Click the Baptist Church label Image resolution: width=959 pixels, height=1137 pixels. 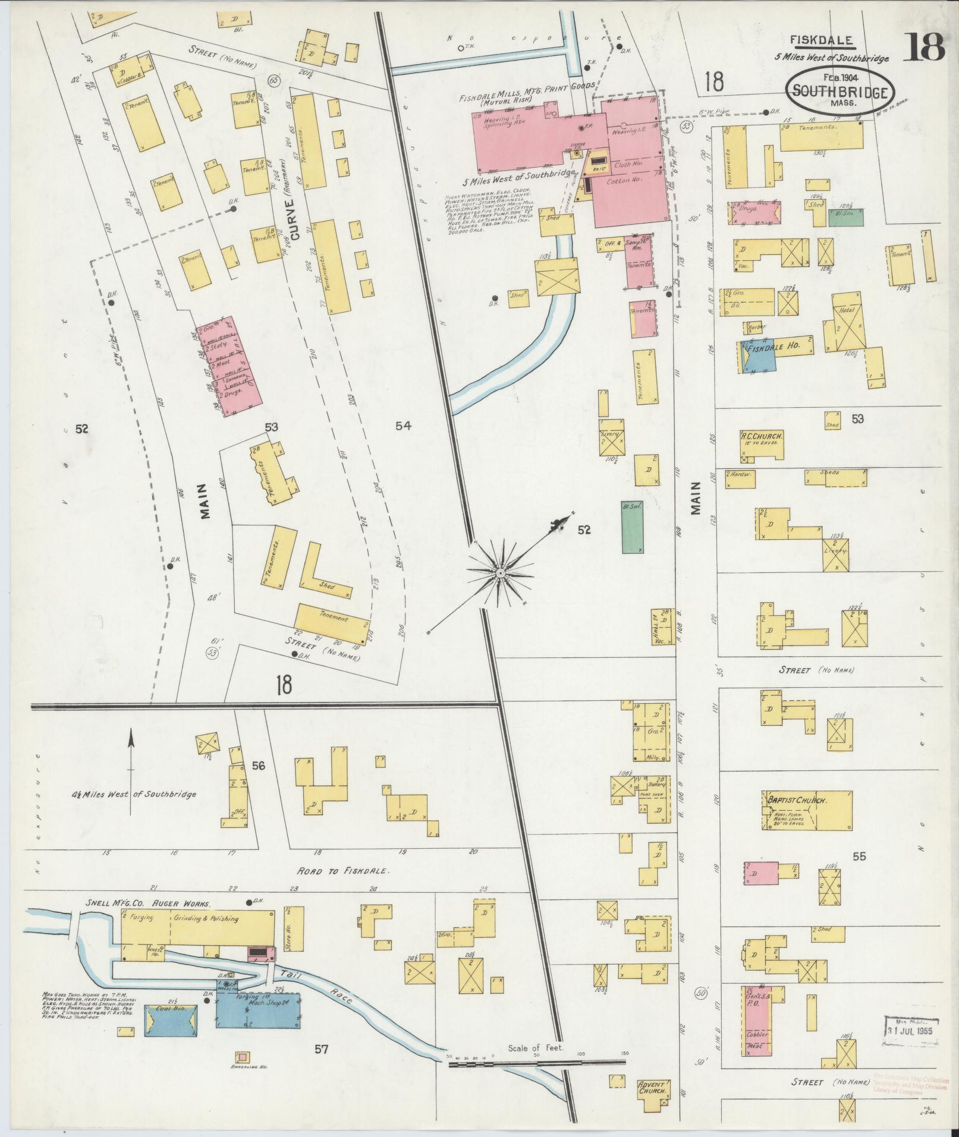tap(796, 801)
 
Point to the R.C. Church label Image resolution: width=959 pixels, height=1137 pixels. tap(761, 436)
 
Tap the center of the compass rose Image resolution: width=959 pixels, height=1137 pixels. tap(501, 572)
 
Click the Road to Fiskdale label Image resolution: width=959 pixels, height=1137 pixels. tap(344, 871)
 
